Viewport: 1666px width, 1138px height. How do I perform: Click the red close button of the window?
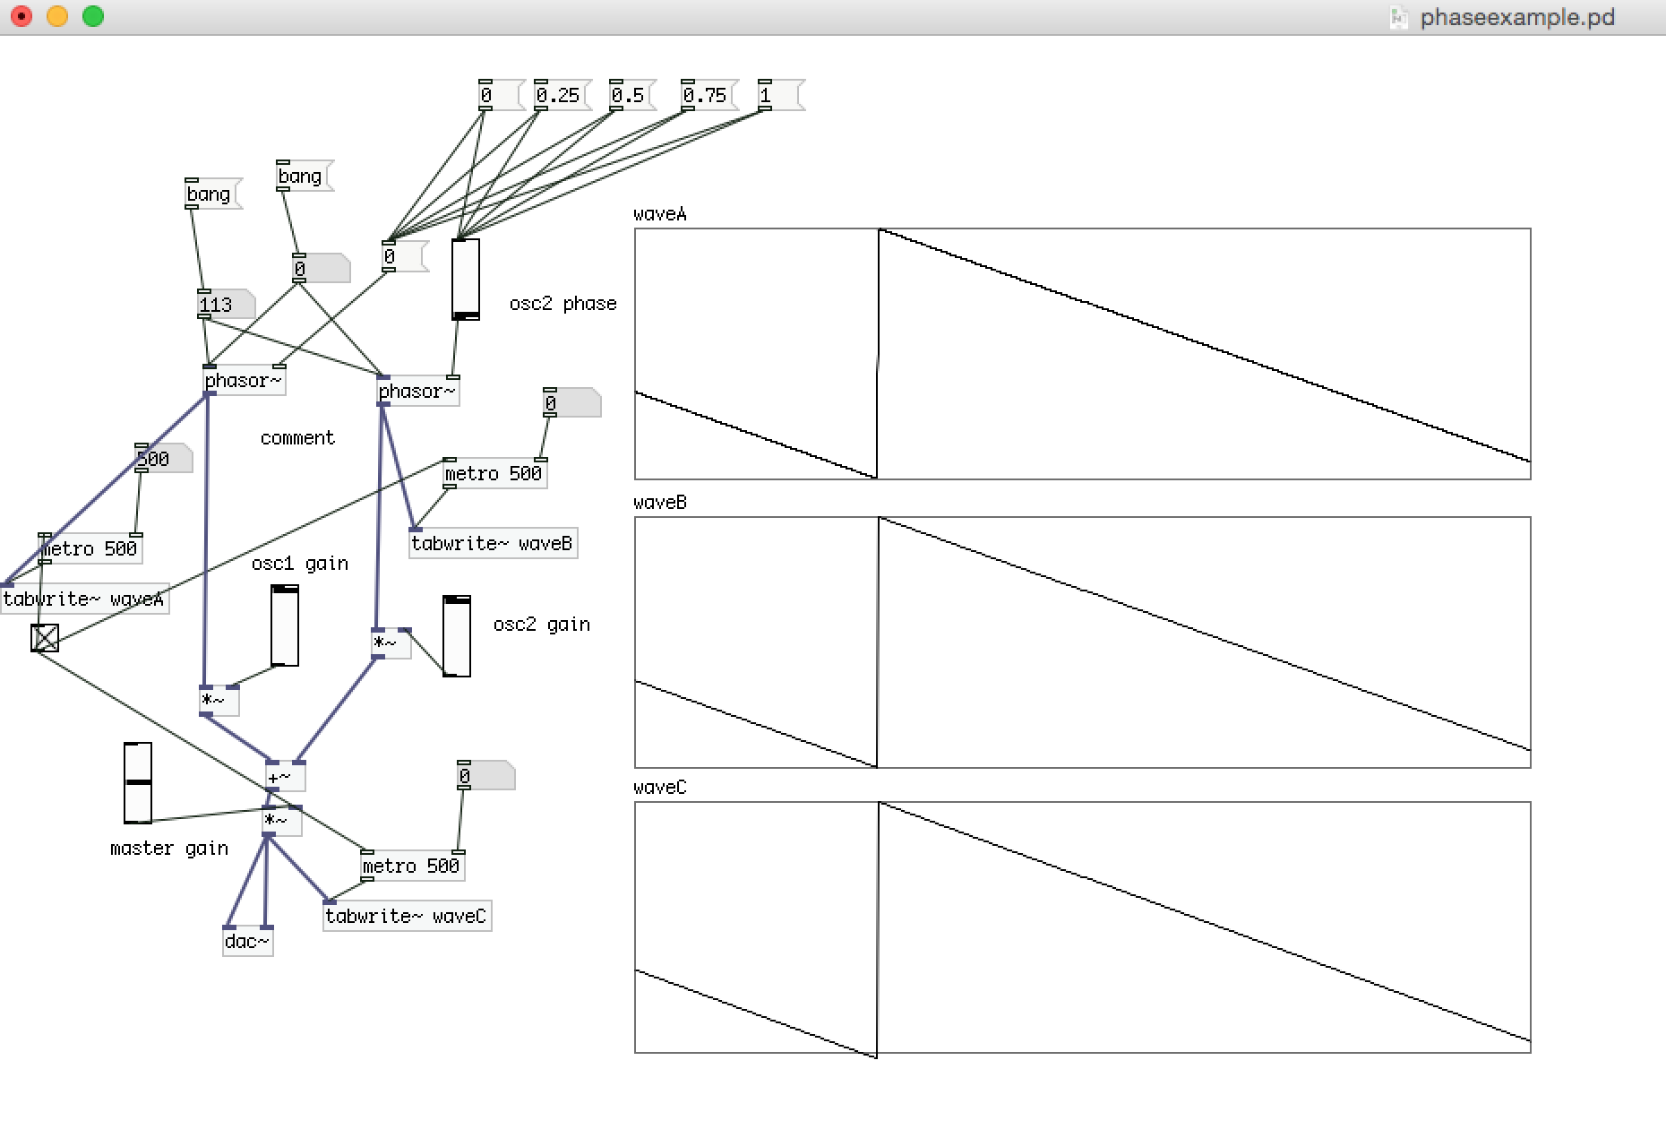[21, 16]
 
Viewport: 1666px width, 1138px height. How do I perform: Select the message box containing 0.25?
[558, 95]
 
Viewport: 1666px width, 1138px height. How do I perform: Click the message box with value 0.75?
[705, 95]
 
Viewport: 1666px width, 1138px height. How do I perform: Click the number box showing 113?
[220, 305]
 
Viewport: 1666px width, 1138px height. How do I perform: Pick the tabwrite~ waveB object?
[492, 543]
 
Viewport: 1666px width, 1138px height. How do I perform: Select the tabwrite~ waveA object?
[84, 599]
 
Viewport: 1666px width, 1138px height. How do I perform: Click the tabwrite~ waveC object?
[406, 916]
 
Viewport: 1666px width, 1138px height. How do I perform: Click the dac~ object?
[246, 941]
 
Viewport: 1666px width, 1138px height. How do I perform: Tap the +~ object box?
[284, 777]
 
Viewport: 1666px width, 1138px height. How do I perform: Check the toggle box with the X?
[45, 637]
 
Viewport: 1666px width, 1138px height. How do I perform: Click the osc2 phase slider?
[466, 279]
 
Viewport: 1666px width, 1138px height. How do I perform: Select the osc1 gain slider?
[285, 625]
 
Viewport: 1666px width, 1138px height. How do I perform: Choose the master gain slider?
[137, 782]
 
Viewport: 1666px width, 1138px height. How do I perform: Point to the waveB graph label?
[660, 503]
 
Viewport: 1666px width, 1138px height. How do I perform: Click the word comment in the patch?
[297, 438]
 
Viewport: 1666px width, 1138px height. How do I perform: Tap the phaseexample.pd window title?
[1517, 17]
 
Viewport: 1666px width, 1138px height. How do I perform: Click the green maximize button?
[93, 16]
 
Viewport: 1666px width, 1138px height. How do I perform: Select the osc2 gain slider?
[457, 636]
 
